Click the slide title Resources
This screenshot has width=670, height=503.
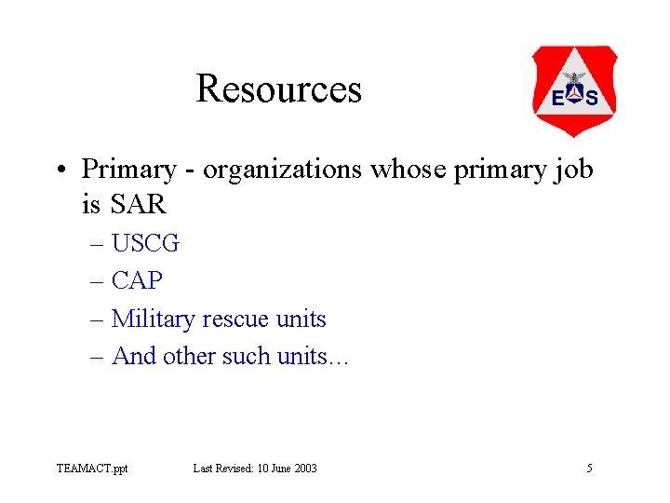coord(278,89)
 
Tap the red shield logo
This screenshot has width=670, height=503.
coord(574,91)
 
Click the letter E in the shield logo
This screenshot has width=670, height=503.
coord(557,97)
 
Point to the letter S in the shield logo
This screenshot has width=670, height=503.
coord(592,97)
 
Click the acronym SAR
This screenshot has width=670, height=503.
coord(138,202)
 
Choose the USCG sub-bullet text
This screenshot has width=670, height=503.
coord(145,244)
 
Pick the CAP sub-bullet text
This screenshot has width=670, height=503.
coord(137,281)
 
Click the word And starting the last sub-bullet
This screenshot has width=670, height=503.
coord(133,356)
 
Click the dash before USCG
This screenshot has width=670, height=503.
coord(99,245)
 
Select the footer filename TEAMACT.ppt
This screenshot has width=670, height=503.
coord(92,468)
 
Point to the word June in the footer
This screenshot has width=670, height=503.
coord(274,468)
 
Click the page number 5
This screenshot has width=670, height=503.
coord(589,468)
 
